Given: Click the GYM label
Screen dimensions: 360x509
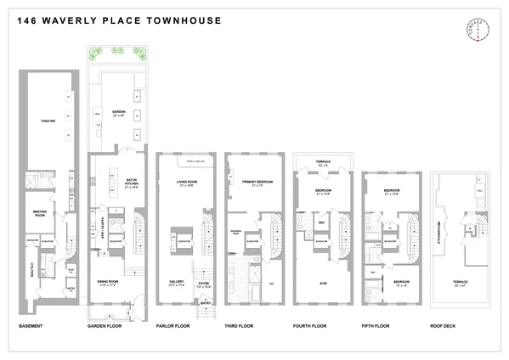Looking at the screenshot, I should click(x=323, y=281).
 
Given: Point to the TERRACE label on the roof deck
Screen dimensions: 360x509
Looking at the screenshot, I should click(x=459, y=281).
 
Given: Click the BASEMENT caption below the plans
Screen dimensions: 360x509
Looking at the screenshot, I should click(x=31, y=325).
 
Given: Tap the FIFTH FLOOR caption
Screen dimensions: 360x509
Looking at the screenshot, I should click(x=379, y=325).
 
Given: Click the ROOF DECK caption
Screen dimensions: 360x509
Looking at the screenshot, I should click(x=446, y=325).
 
